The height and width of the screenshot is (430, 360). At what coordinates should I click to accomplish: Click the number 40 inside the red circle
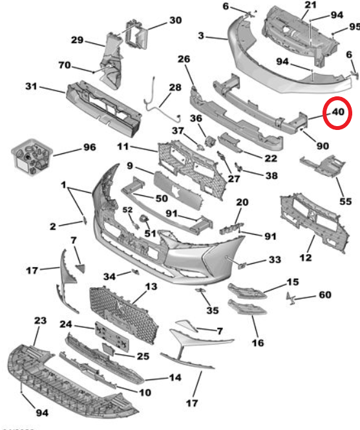[338, 112]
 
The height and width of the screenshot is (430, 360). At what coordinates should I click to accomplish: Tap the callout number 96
[90, 147]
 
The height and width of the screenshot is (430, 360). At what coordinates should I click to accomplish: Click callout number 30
[176, 20]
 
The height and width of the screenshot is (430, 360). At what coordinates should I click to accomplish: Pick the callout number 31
[31, 86]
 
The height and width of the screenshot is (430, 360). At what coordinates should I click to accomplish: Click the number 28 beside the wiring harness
[175, 87]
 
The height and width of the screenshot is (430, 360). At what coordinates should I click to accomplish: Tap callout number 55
[346, 202]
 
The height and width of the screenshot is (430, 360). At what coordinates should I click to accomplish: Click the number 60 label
[325, 295]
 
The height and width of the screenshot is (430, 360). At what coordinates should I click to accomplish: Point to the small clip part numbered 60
[290, 298]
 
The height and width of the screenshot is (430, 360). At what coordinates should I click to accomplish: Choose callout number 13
[151, 286]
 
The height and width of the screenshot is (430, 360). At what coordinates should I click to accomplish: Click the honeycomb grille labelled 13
[124, 314]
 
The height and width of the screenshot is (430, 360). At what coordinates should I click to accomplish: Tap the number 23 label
[40, 320]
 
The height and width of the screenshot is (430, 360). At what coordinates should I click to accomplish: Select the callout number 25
[143, 356]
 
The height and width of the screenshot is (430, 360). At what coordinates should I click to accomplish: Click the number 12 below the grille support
[306, 257]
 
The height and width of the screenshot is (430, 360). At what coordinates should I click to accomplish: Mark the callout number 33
[275, 259]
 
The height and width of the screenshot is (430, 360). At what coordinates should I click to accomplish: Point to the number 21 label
[310, 5]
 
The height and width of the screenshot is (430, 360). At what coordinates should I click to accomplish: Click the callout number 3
[201, 36]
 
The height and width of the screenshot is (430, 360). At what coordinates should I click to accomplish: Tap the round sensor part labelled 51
[144, 219]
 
